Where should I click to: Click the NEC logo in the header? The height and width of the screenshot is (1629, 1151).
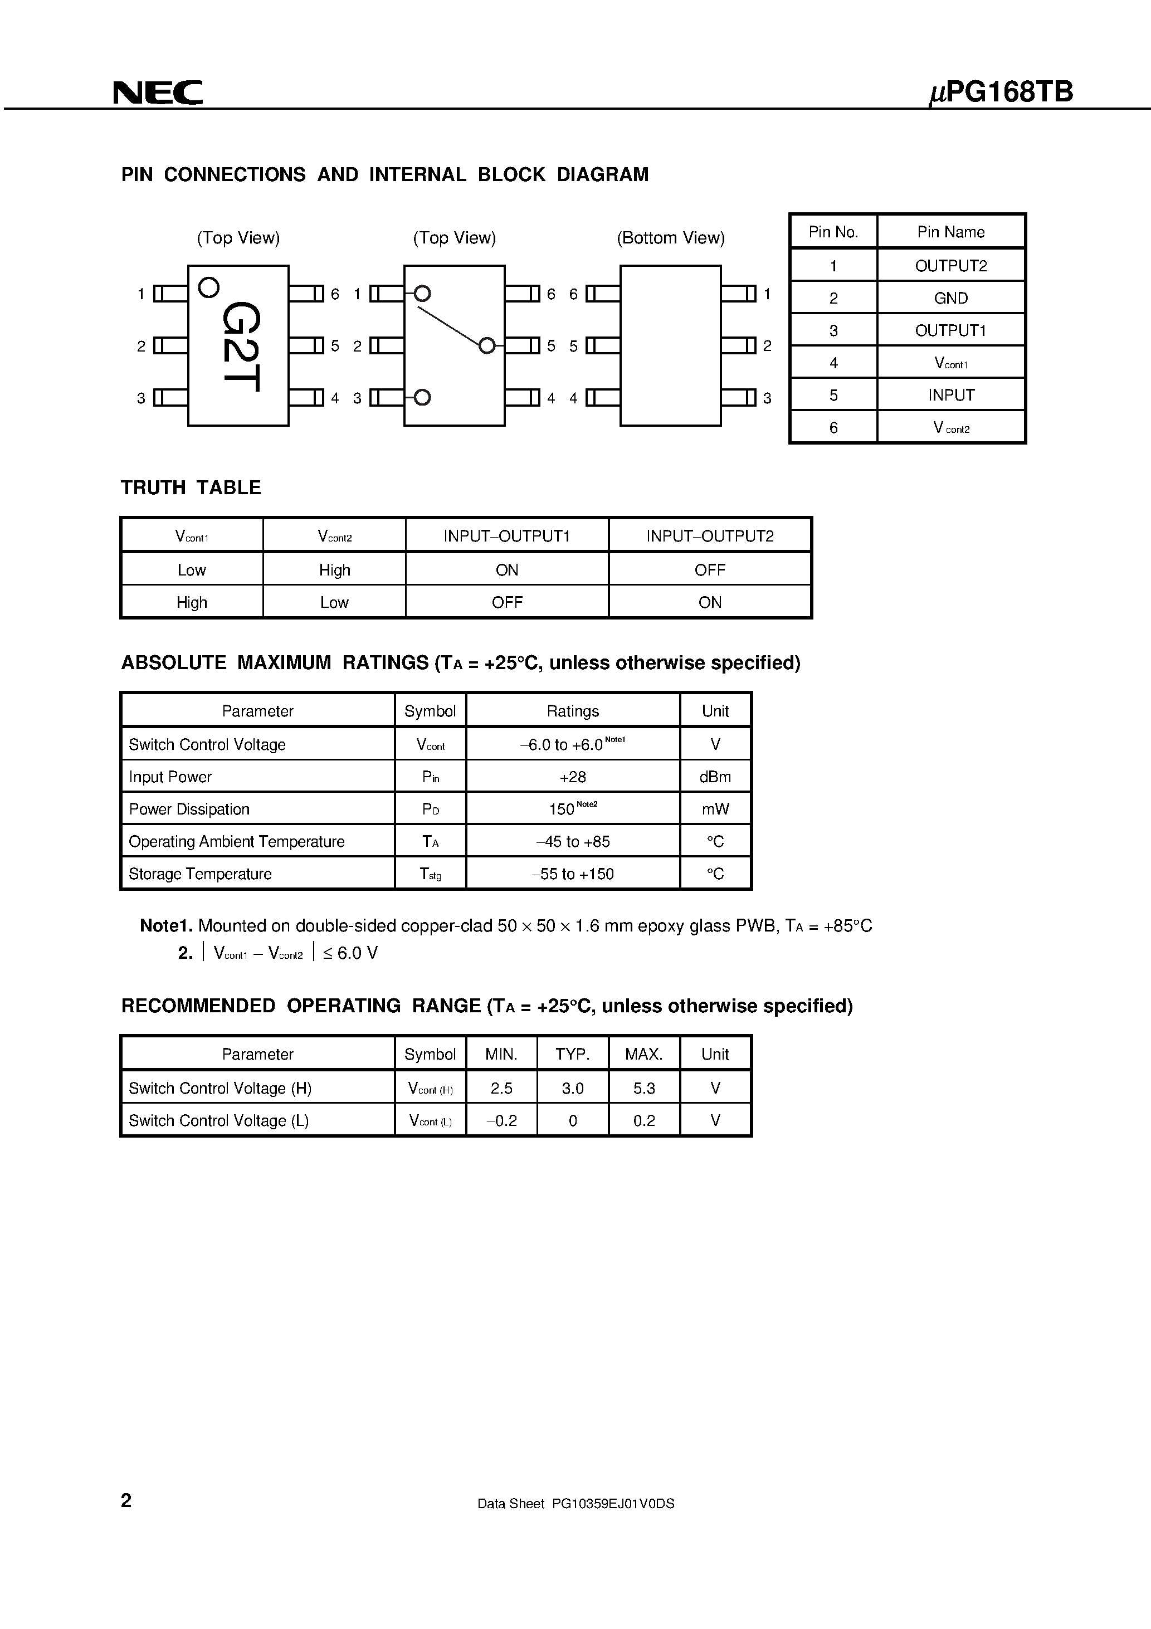[158, 93]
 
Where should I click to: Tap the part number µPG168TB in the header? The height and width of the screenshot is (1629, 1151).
[1001, 93]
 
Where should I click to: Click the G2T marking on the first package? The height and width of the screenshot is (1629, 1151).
[241, 346]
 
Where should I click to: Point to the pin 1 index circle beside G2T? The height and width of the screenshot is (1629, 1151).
[208, 287]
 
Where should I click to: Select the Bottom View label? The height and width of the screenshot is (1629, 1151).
[671, 238]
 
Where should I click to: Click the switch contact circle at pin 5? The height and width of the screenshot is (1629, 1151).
[487, 345]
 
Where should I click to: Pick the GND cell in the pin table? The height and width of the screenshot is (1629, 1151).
[950, 298]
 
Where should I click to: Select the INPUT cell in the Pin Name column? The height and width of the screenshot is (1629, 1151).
[950, 395]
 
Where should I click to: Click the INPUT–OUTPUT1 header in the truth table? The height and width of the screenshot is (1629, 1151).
[506, 536]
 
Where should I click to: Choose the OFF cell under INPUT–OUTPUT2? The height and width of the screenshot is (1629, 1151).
[710, 570]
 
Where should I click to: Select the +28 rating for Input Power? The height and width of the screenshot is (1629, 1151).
[573, 777]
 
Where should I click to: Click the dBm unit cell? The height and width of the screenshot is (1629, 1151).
[715, 777]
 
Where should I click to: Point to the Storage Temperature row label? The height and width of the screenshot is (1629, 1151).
[200, 874]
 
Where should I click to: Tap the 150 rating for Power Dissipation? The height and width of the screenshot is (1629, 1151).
[562, 809]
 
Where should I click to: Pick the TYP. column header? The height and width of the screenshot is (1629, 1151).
[573, 1054]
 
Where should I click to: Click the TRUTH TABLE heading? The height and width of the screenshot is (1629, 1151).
[191, 487]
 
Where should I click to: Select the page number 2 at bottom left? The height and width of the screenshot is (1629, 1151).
[126, 1500]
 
